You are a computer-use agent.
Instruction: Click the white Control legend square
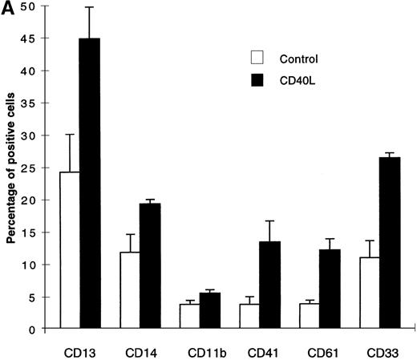point(257,57)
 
